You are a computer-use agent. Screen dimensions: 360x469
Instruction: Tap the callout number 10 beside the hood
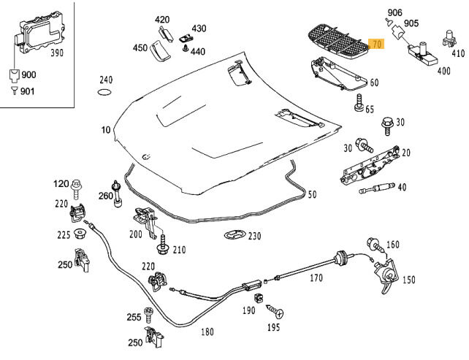tap(106, 130)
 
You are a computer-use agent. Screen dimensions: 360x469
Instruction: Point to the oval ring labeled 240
tap(105, 93)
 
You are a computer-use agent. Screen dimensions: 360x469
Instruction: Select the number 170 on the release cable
tap(316, 278)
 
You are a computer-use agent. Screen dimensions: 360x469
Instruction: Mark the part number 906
tap(394, 12)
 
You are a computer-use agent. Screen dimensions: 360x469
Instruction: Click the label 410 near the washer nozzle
tap(457, 53)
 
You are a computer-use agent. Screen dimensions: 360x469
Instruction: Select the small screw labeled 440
tap(186, 50)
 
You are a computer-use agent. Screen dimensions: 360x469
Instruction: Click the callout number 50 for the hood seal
tap(312, 195)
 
